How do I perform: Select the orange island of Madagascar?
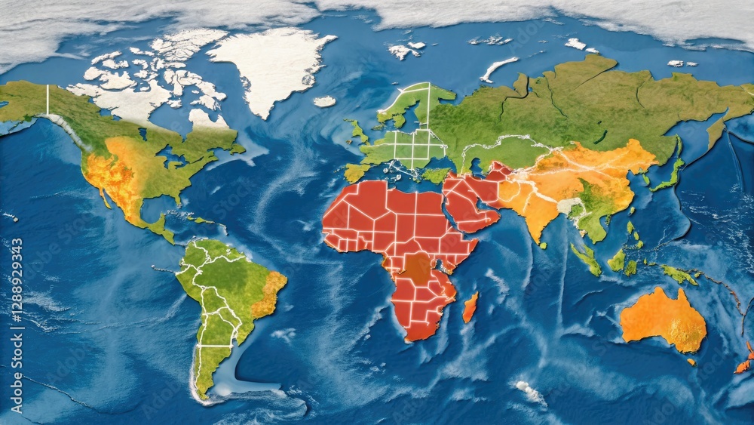470,307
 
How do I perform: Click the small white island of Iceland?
324,101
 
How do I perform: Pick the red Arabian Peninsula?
467,204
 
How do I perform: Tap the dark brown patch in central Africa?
418,268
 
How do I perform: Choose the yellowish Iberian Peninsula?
356,172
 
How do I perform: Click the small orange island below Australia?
691,362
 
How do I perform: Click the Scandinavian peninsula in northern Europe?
407,106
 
